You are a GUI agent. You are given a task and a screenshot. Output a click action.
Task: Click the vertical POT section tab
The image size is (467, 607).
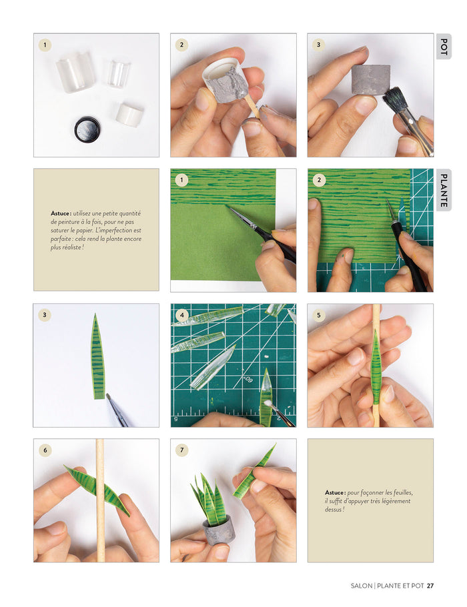point(444,47)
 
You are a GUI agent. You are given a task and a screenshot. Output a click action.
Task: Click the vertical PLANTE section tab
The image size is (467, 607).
point(444,190)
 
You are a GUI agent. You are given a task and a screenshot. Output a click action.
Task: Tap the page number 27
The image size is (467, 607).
point(430,586)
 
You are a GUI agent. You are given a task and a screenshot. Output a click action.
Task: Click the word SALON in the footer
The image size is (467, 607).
point(362,586)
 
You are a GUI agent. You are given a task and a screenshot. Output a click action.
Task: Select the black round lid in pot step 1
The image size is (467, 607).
point(87,129)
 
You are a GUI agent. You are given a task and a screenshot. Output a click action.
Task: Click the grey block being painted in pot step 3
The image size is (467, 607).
point(370,79)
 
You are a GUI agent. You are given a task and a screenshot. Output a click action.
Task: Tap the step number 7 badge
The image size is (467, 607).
point(181,450)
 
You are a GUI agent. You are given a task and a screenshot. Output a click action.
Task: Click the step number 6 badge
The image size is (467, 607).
point(45,450)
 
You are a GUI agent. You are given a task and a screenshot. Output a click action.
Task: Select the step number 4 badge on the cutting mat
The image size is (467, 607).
point(182,315)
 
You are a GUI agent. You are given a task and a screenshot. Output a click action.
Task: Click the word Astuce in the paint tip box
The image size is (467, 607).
point(61,213)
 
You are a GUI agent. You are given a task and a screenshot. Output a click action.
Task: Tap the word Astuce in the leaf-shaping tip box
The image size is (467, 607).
point(334,492)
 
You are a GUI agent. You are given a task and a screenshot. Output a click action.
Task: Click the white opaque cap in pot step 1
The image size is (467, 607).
point(129,114)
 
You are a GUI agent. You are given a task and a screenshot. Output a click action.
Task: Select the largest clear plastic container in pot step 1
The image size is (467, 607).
point(75,72)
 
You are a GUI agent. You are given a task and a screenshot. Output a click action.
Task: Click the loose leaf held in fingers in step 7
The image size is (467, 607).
point(254,472)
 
